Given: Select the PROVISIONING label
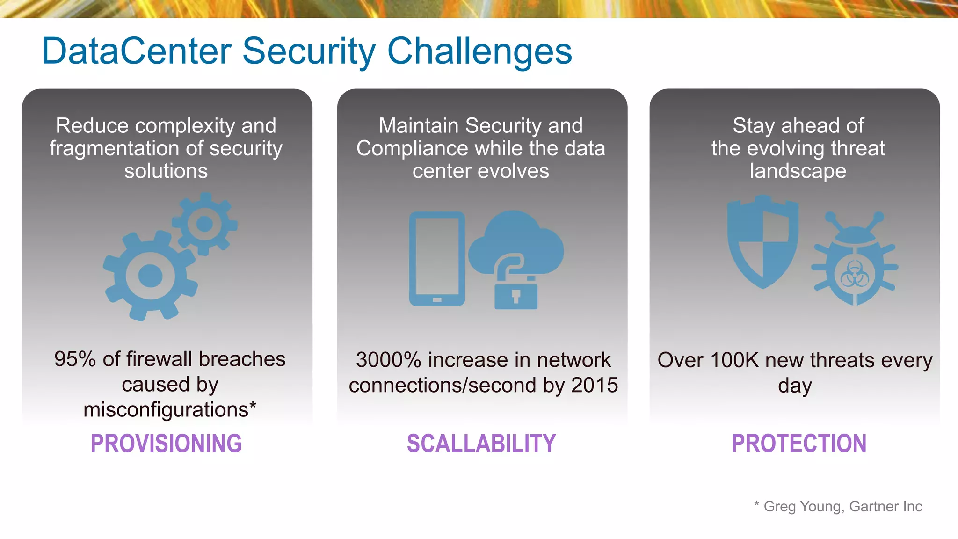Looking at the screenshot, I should pos(166,443).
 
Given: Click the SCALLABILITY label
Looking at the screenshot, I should pos(481,443).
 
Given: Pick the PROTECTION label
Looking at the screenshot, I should pos(799,443).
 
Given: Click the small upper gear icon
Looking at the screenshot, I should pos(204,224).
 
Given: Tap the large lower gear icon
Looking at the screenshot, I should pos(150,276).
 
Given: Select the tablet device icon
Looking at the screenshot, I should pos(437,259).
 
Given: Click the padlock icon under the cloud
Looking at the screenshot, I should pos(515,292).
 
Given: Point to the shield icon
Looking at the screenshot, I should pos(762,241).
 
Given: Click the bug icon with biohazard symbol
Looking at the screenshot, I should pos(855,267).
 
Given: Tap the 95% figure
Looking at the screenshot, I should pos(75,359).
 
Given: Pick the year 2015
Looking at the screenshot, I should pos(595,385).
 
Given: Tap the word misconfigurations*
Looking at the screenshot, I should pos(170,410).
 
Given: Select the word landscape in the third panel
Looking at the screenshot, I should pos(798,171).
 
